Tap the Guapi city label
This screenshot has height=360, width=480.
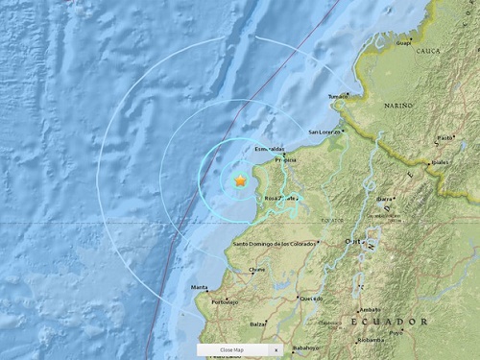[x=403, y=42]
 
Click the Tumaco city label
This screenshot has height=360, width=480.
[x=339, y=96]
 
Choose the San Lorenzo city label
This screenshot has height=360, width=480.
[x=325, y=132]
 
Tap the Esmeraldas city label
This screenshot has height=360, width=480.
[x=270, y=150]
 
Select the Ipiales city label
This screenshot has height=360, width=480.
[x=441, y=164]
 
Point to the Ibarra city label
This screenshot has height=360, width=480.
[x=386, y=198]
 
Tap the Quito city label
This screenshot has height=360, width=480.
[x=353, y=241]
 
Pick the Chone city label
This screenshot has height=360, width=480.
[x=257, y=270]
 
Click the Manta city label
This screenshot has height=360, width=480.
[x=200, y=287]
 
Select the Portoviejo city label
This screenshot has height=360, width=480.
[x=225, y=301]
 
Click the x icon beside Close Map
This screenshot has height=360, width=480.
[x=275, y=350]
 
